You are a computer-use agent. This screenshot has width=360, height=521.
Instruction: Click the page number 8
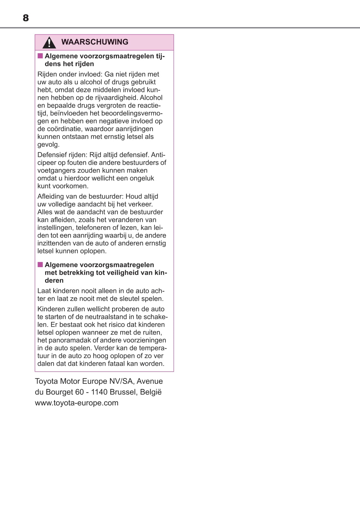[26, 18]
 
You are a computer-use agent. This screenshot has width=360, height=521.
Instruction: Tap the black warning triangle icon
[49, 42]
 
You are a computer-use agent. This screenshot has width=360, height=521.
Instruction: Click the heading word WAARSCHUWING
[95, 42]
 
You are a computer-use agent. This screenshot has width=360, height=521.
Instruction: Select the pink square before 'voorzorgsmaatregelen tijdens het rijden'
[40, 56]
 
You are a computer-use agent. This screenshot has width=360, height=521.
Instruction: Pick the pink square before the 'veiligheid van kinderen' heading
[40, 265]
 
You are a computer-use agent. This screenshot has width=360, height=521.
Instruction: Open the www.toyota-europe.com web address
[77, 403]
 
